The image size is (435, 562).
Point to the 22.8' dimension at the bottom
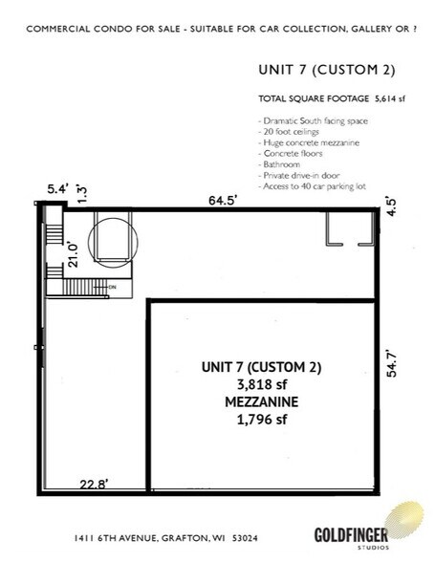click(x=92, y=483)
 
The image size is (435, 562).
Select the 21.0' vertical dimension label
click(x=70, y=256)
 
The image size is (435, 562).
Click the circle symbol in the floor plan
click(x=113, y=238)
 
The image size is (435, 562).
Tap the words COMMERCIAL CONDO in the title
click(x=72, y=28)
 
